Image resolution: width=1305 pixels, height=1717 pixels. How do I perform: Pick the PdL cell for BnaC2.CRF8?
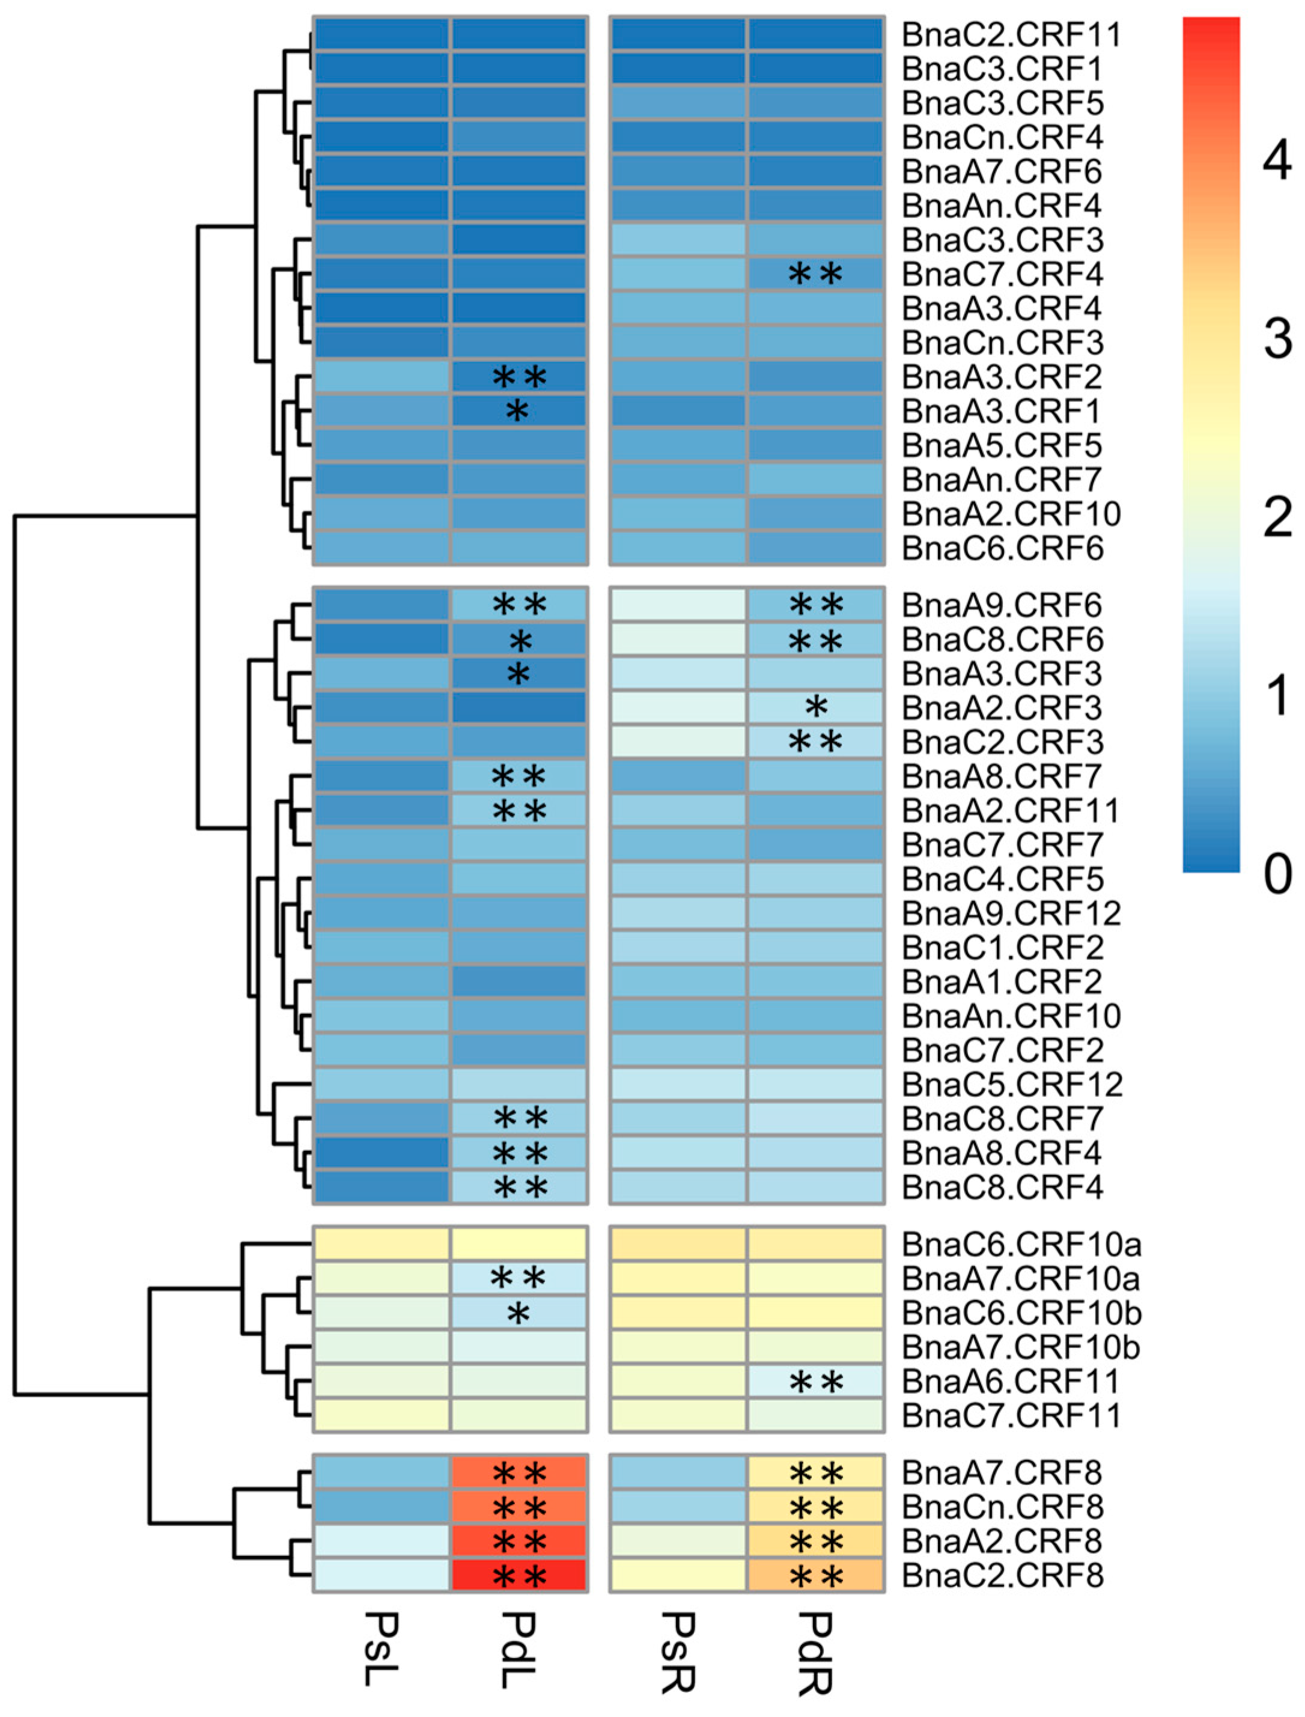click(x=518, y=1576)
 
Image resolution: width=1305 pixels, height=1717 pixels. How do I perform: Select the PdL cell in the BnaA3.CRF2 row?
click(x=518, y=377)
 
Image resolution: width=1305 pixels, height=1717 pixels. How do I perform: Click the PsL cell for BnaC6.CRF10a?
click(x=382, y=1245)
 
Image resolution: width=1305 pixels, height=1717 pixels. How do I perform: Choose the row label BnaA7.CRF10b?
click(x=1021, y=1347)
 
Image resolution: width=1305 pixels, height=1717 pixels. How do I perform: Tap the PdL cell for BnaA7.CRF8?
click(x=518, y=1472)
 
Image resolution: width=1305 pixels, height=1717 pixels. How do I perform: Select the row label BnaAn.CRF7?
click(x=1002, y=480)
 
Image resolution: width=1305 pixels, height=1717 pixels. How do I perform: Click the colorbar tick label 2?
click(x=1277, y=518)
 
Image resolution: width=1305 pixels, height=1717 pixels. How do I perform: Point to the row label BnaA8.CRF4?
click(x=1002, y=1153)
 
